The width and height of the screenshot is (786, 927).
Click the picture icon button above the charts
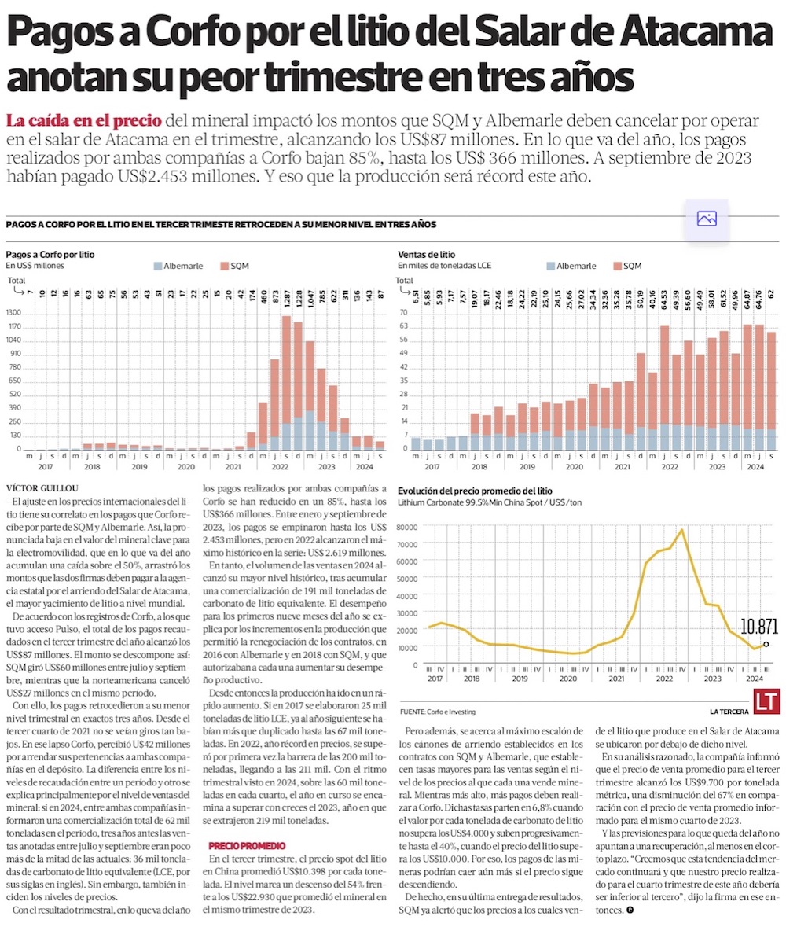point(707,219)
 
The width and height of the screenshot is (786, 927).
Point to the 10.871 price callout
point(759,626)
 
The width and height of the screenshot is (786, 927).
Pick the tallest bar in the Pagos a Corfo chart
point(288,383)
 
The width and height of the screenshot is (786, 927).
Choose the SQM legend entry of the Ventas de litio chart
point(626,266)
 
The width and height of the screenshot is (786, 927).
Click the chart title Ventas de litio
point(426,255)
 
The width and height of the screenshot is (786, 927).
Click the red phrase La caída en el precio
point(84,121)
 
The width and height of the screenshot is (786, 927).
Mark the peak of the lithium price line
point(681,529)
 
